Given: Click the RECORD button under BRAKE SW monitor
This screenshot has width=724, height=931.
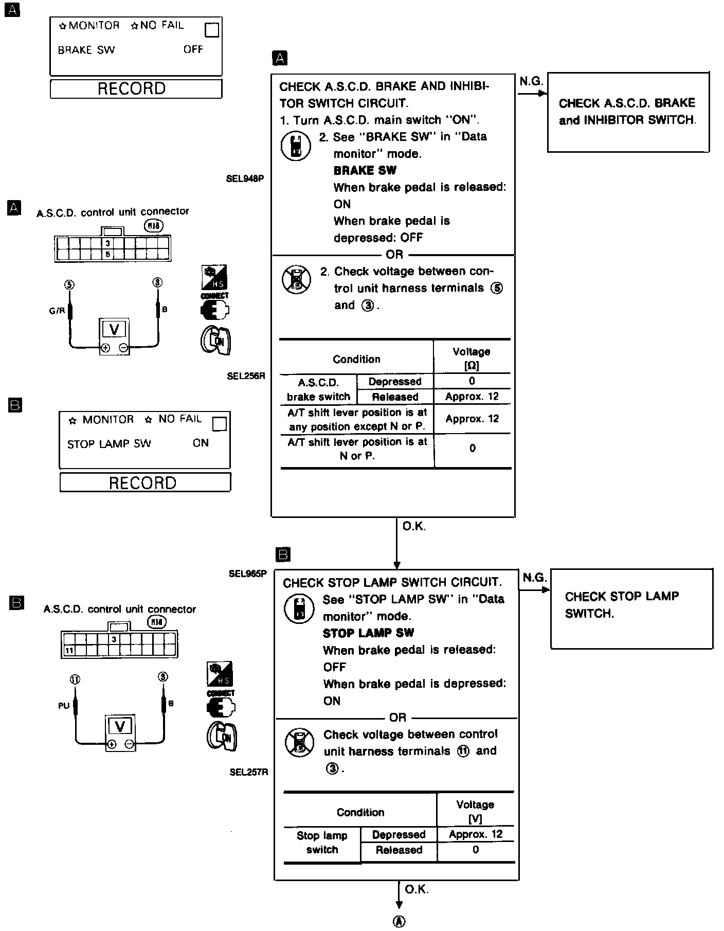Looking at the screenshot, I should pos(136,88).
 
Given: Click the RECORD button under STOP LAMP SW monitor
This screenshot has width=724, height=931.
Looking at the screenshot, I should pos(145,482).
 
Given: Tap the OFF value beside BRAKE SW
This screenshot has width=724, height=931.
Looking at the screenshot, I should pos(193,49).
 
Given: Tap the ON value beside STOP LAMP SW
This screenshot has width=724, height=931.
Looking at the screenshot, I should pos(201,443).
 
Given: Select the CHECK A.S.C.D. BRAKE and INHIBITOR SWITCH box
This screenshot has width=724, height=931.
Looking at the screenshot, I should pos(628,112).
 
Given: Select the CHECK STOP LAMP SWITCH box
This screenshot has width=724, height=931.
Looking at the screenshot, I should pos(631,608).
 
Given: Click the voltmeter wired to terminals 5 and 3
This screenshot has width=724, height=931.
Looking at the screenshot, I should pos(114,336).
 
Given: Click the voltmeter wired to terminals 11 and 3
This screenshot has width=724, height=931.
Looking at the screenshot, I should pos(120,732).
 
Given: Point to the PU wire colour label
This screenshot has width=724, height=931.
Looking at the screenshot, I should pos(64,706).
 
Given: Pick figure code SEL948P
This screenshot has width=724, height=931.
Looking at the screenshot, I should pos(245,179).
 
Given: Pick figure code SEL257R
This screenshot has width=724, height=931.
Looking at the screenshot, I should pos(249,772).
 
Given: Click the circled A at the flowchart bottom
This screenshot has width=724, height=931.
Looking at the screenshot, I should pos(399,921).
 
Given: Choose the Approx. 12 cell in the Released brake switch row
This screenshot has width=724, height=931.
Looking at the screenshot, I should pos(472,397).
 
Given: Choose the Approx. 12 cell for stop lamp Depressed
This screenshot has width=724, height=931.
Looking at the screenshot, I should pos(475,834).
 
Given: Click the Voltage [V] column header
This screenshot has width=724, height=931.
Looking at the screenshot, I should pos(475,811).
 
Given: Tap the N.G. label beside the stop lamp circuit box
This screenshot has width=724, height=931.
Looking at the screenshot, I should pos(535,578).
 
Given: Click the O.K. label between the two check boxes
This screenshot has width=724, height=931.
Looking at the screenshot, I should pos(414,526).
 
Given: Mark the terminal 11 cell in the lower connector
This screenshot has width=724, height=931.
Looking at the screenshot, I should pos(69,651).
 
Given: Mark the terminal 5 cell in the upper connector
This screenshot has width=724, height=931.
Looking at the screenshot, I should pos(108,254).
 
